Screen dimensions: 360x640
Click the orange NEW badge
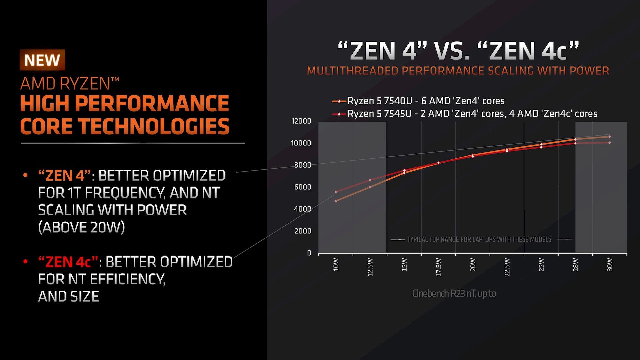pos(42,60)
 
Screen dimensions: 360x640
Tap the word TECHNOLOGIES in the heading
pos(154,127)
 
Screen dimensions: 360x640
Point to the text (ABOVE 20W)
pos(81,227)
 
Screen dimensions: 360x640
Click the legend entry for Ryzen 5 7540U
pos(426,101)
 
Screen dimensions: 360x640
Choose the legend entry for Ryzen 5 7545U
pos(472,114)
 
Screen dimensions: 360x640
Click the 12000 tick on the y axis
pos(301,121)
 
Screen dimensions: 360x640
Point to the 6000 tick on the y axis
pos(302,187)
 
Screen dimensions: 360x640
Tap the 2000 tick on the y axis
pos(302,231)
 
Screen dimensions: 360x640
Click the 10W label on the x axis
pos(336,265)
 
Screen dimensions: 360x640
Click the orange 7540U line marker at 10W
pos(336,201)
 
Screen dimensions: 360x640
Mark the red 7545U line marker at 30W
pos(610,143)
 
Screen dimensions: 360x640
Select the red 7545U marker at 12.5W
pos(370,180)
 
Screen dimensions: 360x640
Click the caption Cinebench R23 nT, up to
pos(454,293)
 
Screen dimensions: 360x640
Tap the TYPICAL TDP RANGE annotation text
pos(479,239)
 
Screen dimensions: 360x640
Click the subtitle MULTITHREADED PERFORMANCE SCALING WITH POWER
pos(458,71)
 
